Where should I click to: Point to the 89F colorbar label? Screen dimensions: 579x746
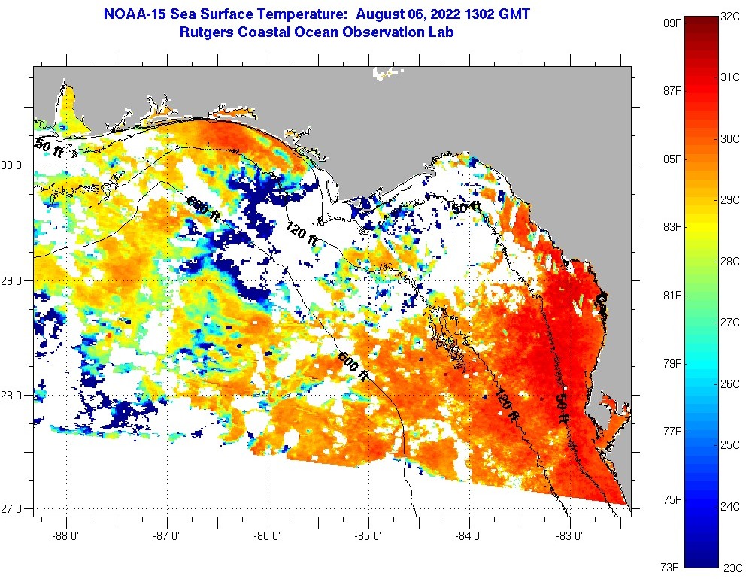(672, 23)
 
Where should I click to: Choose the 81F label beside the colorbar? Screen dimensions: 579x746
(672, 295)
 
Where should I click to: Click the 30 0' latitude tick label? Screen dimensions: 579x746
(14, 165)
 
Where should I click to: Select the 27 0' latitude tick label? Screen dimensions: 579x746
(14, 509)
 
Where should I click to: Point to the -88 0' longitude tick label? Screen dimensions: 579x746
(66, 537)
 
